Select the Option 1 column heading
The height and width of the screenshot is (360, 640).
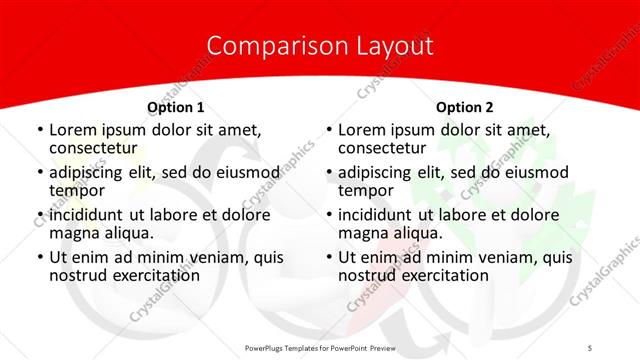[x=176, y=106]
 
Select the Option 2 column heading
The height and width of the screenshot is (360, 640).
[x=465, y=106]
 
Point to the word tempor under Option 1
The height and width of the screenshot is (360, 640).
[x=77, y=190]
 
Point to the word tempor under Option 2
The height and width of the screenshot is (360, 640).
[x=366, y=190]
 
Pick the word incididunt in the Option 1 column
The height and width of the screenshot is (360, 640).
[x=88, y=215]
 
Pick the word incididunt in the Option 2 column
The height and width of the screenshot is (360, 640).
[x=377, y=215]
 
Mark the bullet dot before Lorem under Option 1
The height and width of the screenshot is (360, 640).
[x=38, y=130]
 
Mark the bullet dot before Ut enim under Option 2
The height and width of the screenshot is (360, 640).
[x=328, y=257]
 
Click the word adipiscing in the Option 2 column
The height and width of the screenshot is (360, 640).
[x=380, y=172]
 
